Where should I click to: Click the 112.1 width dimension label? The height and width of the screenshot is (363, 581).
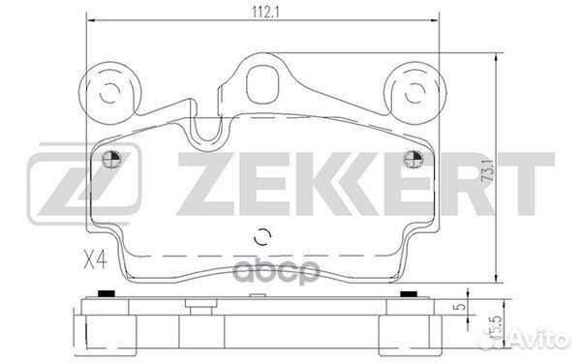[x=265, y=13]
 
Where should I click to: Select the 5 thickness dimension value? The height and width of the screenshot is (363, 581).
[x=462, y=307]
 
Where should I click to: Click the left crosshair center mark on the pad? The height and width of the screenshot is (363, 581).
[x=112, y=160]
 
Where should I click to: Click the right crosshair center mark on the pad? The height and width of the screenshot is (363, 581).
[x=413, y=160]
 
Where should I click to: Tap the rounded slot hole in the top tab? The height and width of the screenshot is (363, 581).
[x=262, y=85]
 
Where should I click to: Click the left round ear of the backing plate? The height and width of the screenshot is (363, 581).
[x=110, y=93]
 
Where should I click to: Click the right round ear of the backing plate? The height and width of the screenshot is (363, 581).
[x=415, y=93]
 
